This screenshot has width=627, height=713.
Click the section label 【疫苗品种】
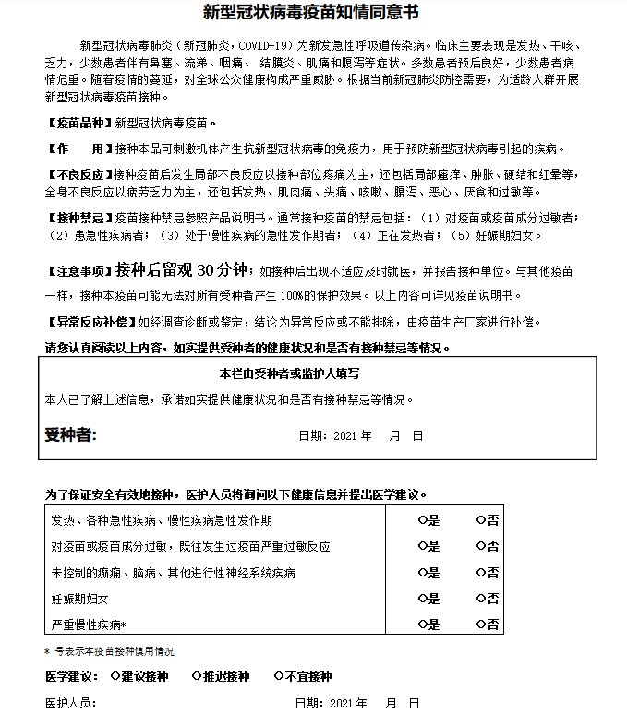[78, 123]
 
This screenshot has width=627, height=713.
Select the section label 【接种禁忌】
[78, 218]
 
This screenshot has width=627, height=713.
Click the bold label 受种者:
[71, 434]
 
